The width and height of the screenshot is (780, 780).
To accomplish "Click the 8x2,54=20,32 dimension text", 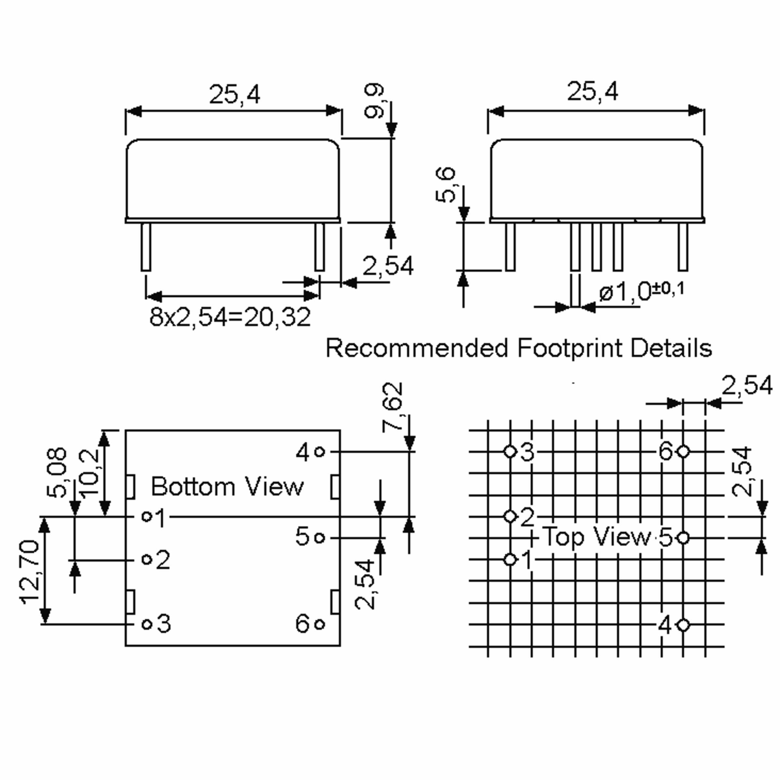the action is pos(230,317).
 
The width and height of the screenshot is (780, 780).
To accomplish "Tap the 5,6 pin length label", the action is pos(446,185).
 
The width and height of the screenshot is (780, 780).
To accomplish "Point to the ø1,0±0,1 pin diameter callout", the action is pos(642,292).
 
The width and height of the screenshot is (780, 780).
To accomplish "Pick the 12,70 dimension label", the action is pos(30,572).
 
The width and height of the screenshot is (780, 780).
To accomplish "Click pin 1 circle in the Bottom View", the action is pos(147,516).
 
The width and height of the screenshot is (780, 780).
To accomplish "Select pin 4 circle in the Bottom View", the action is pos(319,452).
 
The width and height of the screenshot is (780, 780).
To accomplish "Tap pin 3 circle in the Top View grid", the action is pos(510,451).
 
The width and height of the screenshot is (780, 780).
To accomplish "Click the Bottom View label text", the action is pos(227,487).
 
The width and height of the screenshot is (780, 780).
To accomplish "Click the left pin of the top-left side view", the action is pos(146,247).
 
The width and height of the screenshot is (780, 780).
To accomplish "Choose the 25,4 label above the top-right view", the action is pos(592,91).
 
